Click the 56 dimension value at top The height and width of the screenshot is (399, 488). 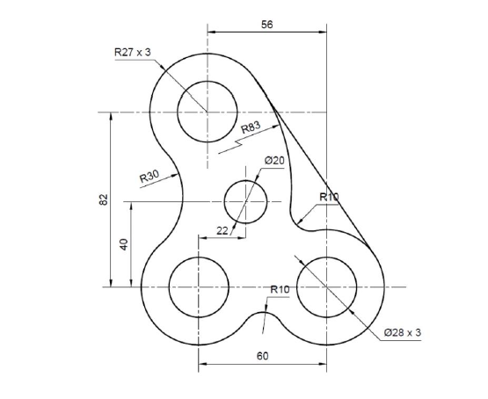click(x=267, y=25)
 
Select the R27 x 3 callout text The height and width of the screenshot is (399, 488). click(x=133, y=53)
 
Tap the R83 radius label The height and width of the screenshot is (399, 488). click(x=251, y=128)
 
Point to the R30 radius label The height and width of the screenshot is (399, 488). click(x=149, y=178)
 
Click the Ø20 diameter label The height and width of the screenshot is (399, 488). click(x=274, y=161)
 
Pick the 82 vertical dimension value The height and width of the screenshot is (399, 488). click(x=103, y=199)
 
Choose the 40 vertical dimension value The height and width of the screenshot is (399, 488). click(x=124, y=244)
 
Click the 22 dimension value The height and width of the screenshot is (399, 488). click(x=222, y=230)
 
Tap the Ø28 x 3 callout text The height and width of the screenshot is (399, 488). click(x=403, y=332)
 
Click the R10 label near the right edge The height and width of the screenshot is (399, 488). click(x=329, y=197)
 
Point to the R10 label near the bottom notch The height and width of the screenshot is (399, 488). click(x=280, y=289)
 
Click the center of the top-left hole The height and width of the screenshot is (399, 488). click(x=208, y=112)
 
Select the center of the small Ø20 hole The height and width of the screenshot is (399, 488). click(x=246, y=202)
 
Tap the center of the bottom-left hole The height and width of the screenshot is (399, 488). click(x=199, y=287)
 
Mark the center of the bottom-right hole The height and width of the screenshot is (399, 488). click(x=326, y=287)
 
